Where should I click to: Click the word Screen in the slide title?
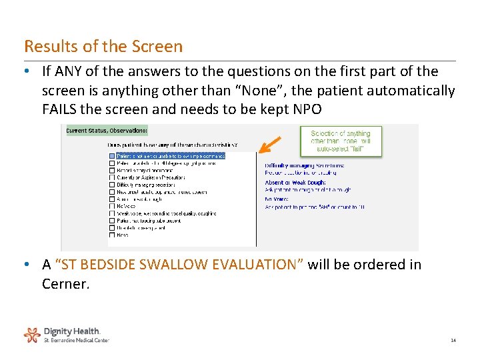pyautogui.click(x=157, y=47)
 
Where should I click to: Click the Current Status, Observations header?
pyautogui.click(x=107, y=131)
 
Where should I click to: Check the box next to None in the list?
pyautogui.click(x=111, y=235)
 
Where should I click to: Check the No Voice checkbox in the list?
pyautogui.click(x=111, y=206)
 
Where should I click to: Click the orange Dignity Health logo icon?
pyautogui.click(x=31, y=334)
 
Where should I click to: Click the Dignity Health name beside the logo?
pyautogui.click(x=72, y=331)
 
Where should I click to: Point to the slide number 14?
pyautogui.click(x=453, y=341)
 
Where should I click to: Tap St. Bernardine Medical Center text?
pyautogui.click(x=76, y=340)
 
